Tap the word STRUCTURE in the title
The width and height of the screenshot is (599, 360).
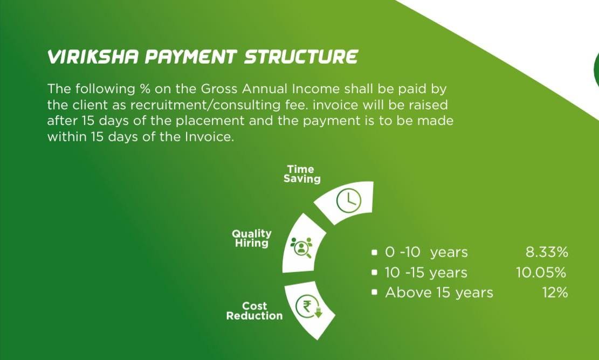coord(301,57)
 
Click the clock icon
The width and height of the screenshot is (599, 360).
coord(348,201)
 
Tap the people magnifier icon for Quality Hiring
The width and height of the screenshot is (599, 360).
coord(301,247)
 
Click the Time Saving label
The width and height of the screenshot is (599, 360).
coord(302,174)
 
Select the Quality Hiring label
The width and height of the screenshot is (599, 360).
coord(252,238)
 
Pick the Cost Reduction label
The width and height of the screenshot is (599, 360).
coord(254,311)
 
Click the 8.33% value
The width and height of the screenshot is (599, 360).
coord(547,252)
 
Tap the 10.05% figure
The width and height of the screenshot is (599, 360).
coord(541,273)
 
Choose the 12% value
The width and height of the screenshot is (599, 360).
coord(555,293)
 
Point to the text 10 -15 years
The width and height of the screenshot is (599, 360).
coord(426,273)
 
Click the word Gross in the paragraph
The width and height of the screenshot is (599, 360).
coord(219,89)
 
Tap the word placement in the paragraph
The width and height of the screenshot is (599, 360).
coord(209,121)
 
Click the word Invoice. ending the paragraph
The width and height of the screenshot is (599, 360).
coord(209,137)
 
